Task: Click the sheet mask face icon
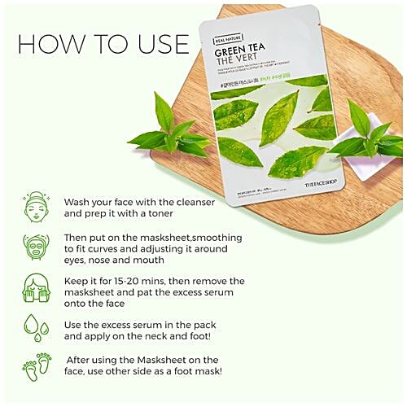(x=35, y=247)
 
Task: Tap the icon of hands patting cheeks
(x=35, y=288)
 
